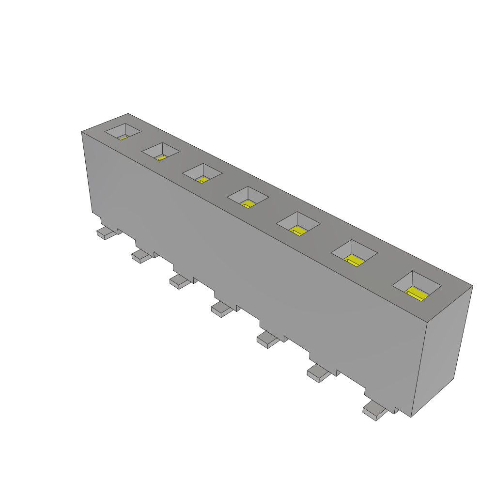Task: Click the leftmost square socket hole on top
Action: pyautogui.click(x=124, y=131)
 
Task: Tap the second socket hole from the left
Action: pyautogui.click(x=160, y=152)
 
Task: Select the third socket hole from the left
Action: pyautogui.click(x=202, y=173)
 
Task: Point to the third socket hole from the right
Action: pyautogui.click(x=298, y=224)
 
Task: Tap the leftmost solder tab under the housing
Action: pyautogui.click(x=107, y=233)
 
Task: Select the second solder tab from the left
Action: pyautogui.click(x=141, y=256)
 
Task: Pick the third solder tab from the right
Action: pyautogui.click(x=268, y=340)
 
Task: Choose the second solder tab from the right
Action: pyautogui.click(x=319, y=373)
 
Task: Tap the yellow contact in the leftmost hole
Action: pyautogui.click(x=123, y=137)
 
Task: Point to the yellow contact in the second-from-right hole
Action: pyautogui.click(x=355, y=261)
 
